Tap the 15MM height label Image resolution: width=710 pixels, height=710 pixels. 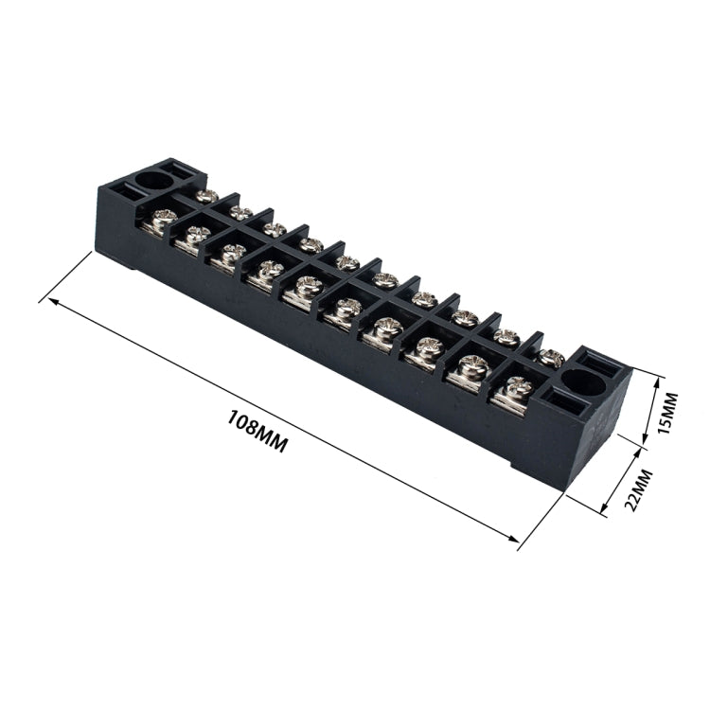pos(668,408)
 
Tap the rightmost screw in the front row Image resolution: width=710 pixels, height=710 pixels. pos(517,385)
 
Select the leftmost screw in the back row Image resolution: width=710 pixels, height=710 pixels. pos(205,196)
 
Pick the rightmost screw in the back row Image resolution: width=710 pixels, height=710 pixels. pos(552,358)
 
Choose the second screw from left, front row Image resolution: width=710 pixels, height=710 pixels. pos(196,234)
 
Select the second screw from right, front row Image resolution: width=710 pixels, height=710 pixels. pos(470,364)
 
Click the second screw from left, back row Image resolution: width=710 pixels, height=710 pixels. pos(241,213)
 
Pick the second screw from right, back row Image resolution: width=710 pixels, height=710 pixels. pos(506,336)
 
